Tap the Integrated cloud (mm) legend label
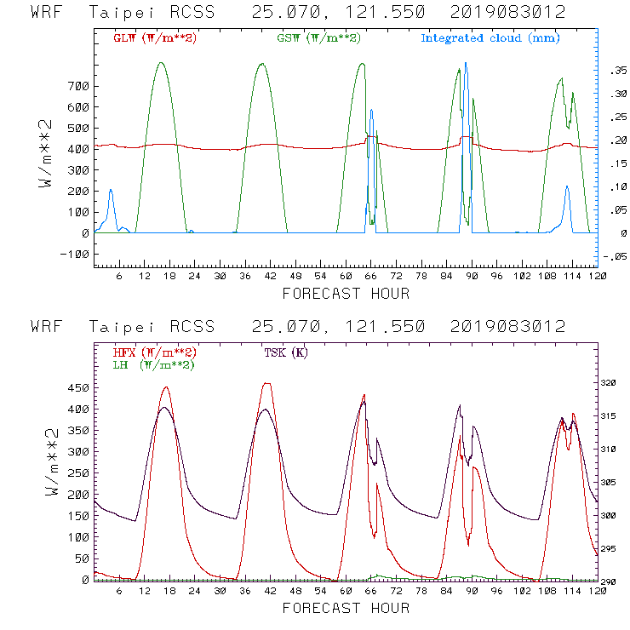pyautogui.click(x=490, y=38)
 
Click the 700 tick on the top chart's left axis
pyautogui.click(x=77, y=87)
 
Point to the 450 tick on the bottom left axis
pyautogui.click(x=77, y=388)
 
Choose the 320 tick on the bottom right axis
pyautogui.click(x=611, y=383)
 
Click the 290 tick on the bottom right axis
pyautogui.click(x=611, y=581)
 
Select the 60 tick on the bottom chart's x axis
pyautogui.click(x=345, y=592)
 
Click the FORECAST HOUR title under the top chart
pyautogui.click(x=345, y=295)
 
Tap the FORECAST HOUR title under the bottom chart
pyautogui.click(x=345, y=609)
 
